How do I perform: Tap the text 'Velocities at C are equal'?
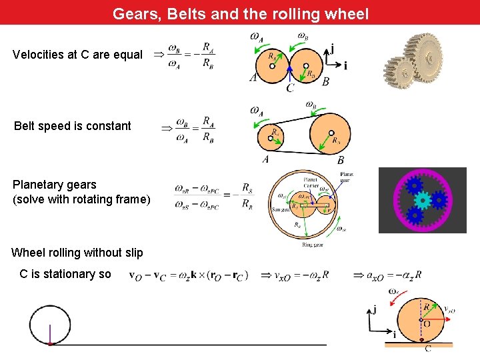pos(77,55)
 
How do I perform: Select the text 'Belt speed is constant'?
pos(73,126)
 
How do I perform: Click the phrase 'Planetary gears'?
pos(55,185)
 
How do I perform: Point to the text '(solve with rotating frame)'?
pos(82,199)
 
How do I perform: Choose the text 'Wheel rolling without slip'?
pos(77,253)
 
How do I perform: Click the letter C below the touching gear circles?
pos(290,88)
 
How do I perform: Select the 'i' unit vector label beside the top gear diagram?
pos(345,65)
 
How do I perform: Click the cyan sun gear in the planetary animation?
pos(421,199)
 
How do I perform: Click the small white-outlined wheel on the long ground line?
pos(50,325)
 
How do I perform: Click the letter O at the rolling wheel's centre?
pos(426,322)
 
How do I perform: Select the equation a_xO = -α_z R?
pos(387,275)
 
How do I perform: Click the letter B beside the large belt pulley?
pos(341,160)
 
